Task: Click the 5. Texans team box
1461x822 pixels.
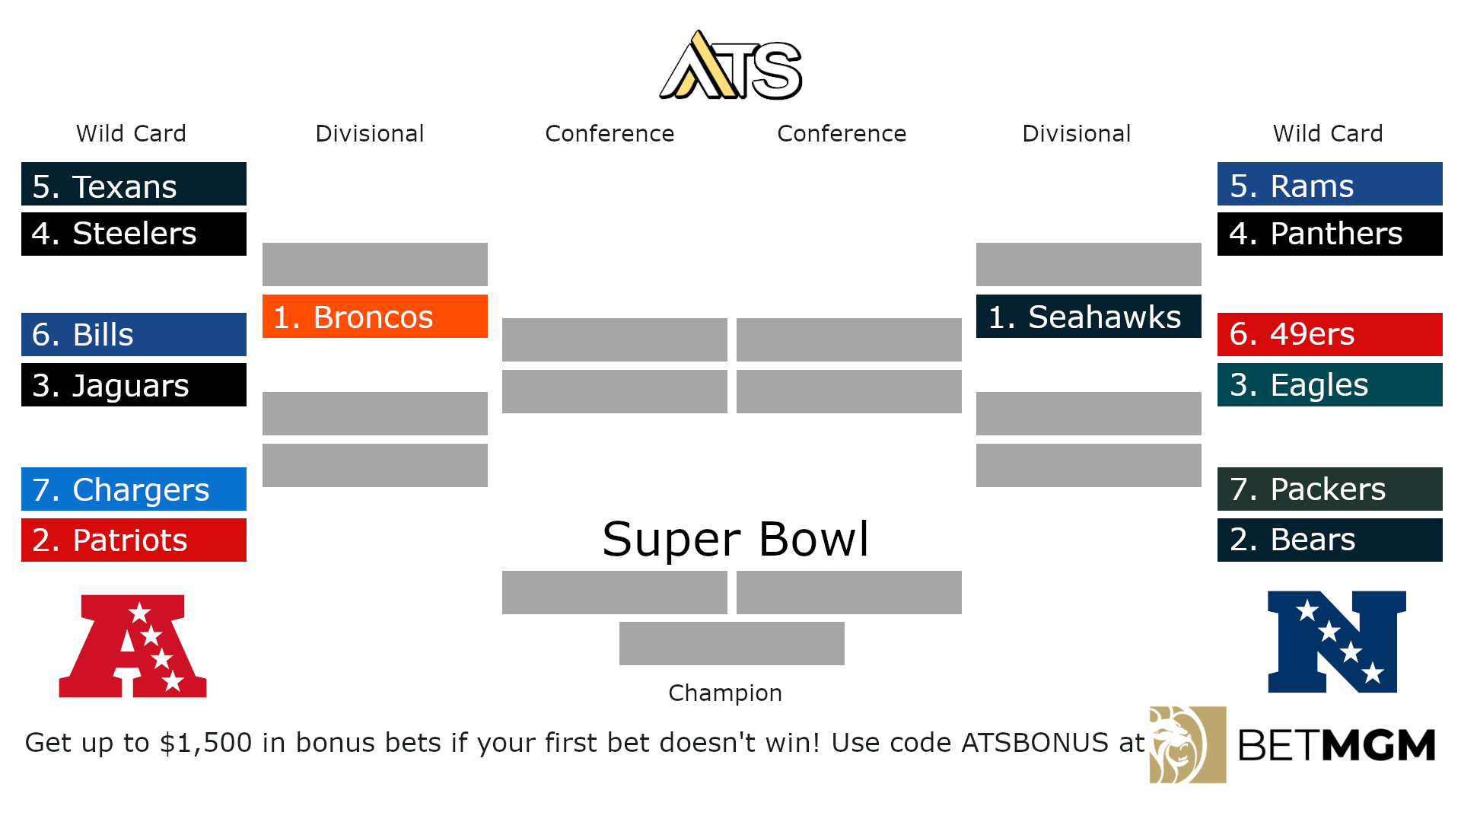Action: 134,184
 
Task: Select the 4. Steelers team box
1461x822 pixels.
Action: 134,234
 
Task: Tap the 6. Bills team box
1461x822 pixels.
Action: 134,335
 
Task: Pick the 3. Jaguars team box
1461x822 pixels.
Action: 134,385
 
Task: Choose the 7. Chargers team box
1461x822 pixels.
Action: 134,489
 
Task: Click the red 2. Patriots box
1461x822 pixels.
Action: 134,540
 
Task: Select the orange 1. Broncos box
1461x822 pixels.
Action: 375,317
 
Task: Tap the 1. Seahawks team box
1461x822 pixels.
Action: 1089,317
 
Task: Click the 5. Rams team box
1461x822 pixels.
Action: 1330,184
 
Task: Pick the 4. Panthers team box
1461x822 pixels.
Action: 1330,234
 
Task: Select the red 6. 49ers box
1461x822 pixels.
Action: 1330,335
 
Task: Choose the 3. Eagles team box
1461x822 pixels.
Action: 1330,385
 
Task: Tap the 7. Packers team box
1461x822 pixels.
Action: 1330,489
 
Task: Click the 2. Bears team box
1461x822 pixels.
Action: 1330,540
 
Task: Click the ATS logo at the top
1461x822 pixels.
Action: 731,67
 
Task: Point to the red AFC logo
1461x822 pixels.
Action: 133,646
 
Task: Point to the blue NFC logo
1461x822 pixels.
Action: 1336,642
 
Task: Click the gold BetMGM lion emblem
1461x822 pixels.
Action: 1187,745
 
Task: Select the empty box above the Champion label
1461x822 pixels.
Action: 732,644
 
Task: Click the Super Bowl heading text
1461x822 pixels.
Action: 735,539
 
